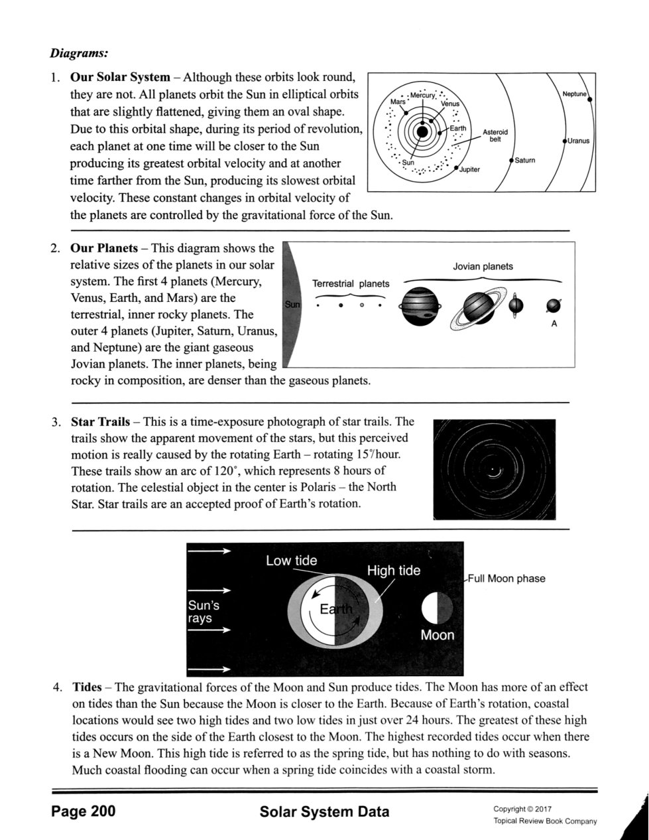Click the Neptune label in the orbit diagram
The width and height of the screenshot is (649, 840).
(x=574, y=94)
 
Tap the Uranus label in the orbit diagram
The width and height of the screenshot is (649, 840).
(x=578, y=141)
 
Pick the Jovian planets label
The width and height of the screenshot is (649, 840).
(x=483, y=267)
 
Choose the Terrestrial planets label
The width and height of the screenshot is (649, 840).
(x=351, y=284)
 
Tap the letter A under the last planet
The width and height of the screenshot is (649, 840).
(x=554, y=324)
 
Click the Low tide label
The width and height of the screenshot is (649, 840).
(x=291, y=561)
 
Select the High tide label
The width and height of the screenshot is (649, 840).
(x=393, y=571)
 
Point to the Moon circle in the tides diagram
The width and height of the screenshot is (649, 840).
(x=438, y=608)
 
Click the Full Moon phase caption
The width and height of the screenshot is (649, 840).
(x=507, y=579)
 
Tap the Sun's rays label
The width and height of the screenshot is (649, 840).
(x=204, y=612)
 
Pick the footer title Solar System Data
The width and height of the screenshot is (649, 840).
(x=325, y=811)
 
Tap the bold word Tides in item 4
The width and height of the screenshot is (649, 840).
(x=87, y=687)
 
